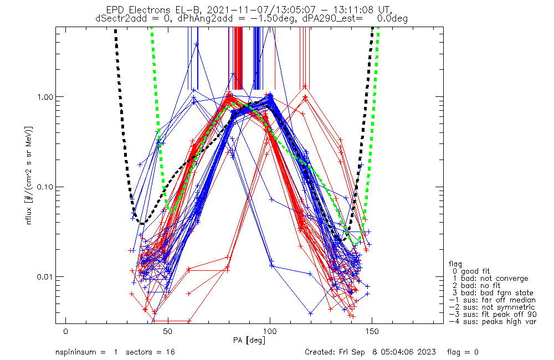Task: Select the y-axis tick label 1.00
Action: tap(47, 97)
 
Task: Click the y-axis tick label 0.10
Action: tap(47, 187)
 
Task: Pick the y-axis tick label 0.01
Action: tap(47, 276)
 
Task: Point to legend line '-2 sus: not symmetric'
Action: tap(492, 307)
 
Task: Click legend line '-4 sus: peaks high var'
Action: tap(492, 322)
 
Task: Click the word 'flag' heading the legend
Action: tap(456, 264)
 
